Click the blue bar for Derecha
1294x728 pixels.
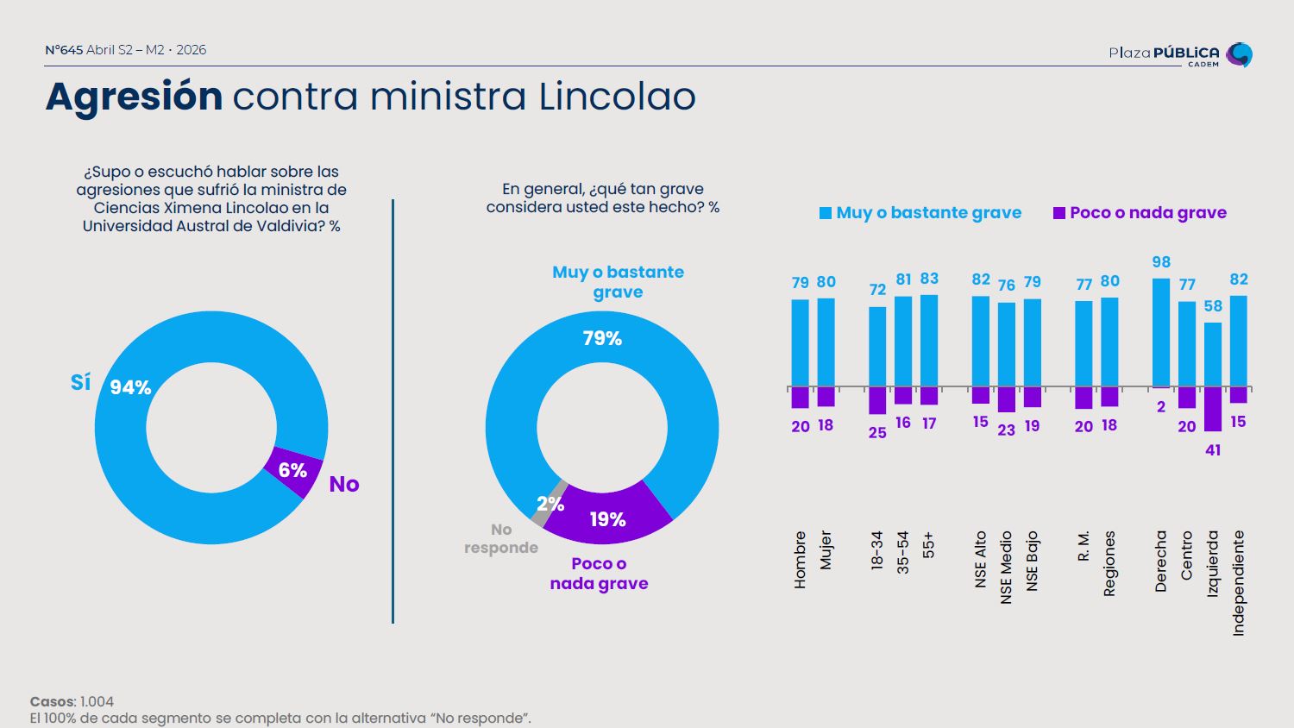[x=1161, y=332]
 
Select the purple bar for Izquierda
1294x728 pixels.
[x=1213, y=409]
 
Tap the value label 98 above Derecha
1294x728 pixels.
[x=1161, y=262]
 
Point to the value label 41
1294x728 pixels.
[x=1213, y=450]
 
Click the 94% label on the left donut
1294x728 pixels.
[x=130, y=388]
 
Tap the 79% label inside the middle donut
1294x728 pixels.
[x=602, y=339]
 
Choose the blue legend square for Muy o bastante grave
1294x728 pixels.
[x=826, y=213]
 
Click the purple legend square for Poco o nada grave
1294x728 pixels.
[x=1059, y=213]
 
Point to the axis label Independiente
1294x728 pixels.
[x=1239, y=583]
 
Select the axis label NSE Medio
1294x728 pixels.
[x=1007, y=567]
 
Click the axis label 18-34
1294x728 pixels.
[x=877, y=550]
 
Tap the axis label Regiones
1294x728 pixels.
[x=1110, y=562]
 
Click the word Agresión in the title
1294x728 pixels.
[x=134, y=96]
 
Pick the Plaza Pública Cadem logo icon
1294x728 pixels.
[x=1239, y=54]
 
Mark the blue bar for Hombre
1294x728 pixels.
[x=800, y=342]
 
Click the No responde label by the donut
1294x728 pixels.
[x=501, y=538]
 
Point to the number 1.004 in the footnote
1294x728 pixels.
[x=97, y=702]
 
